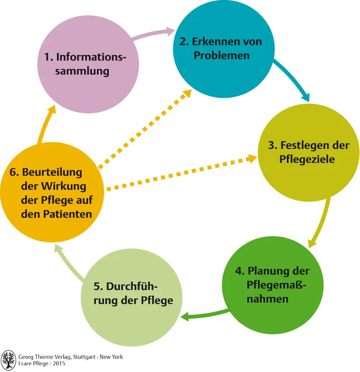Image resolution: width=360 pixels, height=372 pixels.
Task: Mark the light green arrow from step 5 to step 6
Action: tap(69, 263)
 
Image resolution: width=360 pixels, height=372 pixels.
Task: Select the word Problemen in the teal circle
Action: tap(222, 56)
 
